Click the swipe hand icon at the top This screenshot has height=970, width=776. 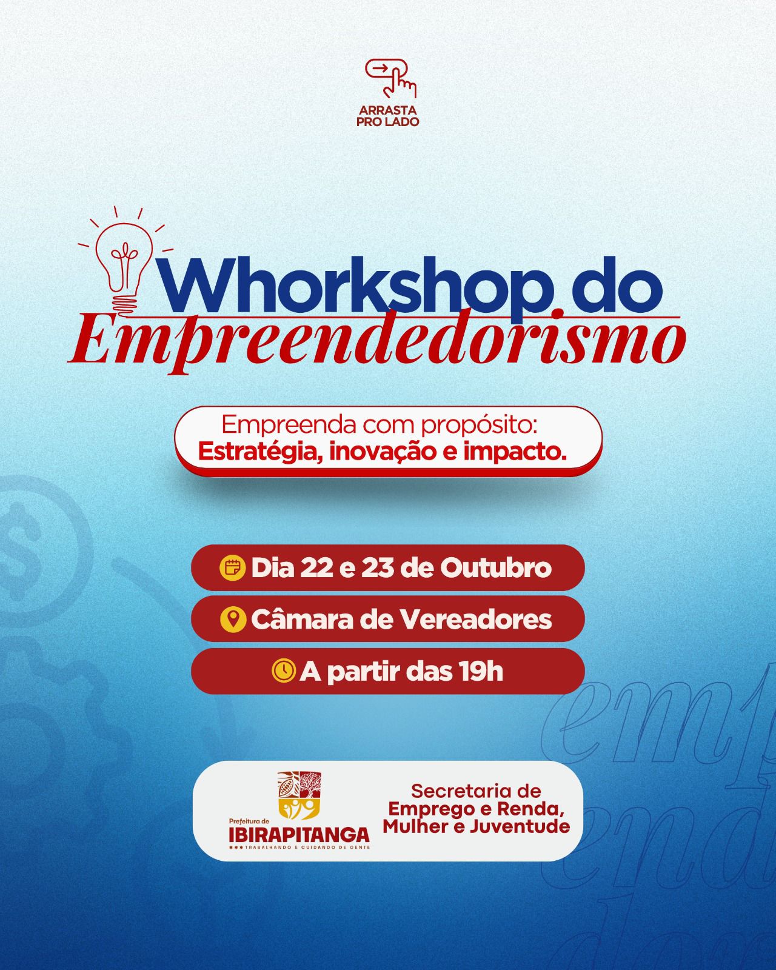(391, 78)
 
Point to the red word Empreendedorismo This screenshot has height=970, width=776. (376, 343)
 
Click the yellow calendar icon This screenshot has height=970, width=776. (231, 568)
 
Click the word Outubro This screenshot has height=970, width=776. (496, 568)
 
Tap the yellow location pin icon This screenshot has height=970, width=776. (232, 620)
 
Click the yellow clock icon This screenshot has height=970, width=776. (283, 671)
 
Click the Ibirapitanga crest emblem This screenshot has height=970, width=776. (298, 795)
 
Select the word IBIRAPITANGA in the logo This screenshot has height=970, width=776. (299, 835)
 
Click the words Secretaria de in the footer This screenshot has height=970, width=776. (476, 791)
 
